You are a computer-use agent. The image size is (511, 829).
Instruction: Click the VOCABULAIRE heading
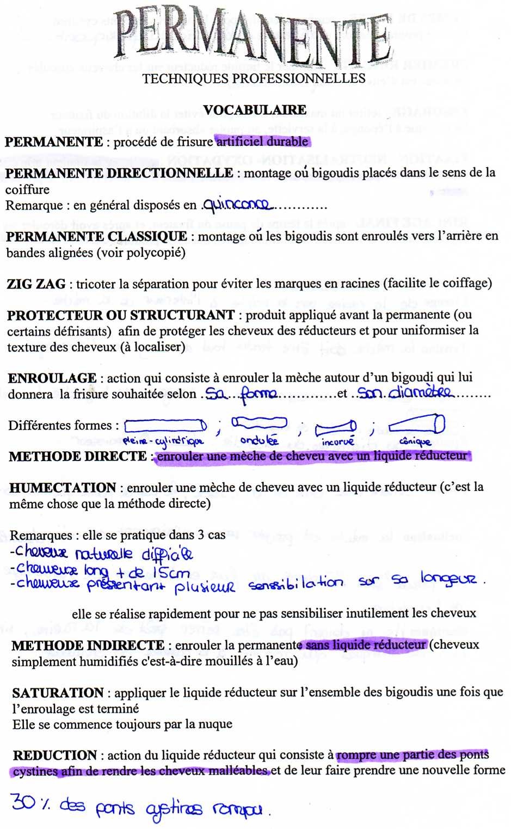coord(255,110)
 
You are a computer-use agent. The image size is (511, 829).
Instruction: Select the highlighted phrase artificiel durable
coord(263,142)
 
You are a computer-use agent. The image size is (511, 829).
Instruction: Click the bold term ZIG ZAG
coord(36,284)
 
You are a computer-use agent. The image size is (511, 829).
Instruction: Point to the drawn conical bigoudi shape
coord(417,423)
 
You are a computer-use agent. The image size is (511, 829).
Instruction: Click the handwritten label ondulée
coord(258,440)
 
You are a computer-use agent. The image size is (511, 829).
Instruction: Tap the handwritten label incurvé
coord(337,441)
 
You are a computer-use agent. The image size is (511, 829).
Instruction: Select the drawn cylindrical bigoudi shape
coord(165,425)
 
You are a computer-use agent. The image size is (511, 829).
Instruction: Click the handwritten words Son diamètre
coord(404,392)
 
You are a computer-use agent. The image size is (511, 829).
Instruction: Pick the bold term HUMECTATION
coord(63,488)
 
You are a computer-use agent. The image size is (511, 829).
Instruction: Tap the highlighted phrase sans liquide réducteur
coord(366,645)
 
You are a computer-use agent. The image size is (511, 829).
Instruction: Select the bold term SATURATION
coord(58,693)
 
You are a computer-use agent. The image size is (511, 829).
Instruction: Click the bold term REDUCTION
coord(55,756)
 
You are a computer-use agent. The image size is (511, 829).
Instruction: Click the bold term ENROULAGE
coord(52,378)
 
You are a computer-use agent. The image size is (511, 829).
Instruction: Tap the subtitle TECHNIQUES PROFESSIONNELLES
coord(254,79)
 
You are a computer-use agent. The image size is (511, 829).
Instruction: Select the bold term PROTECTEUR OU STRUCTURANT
coord(121,315)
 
